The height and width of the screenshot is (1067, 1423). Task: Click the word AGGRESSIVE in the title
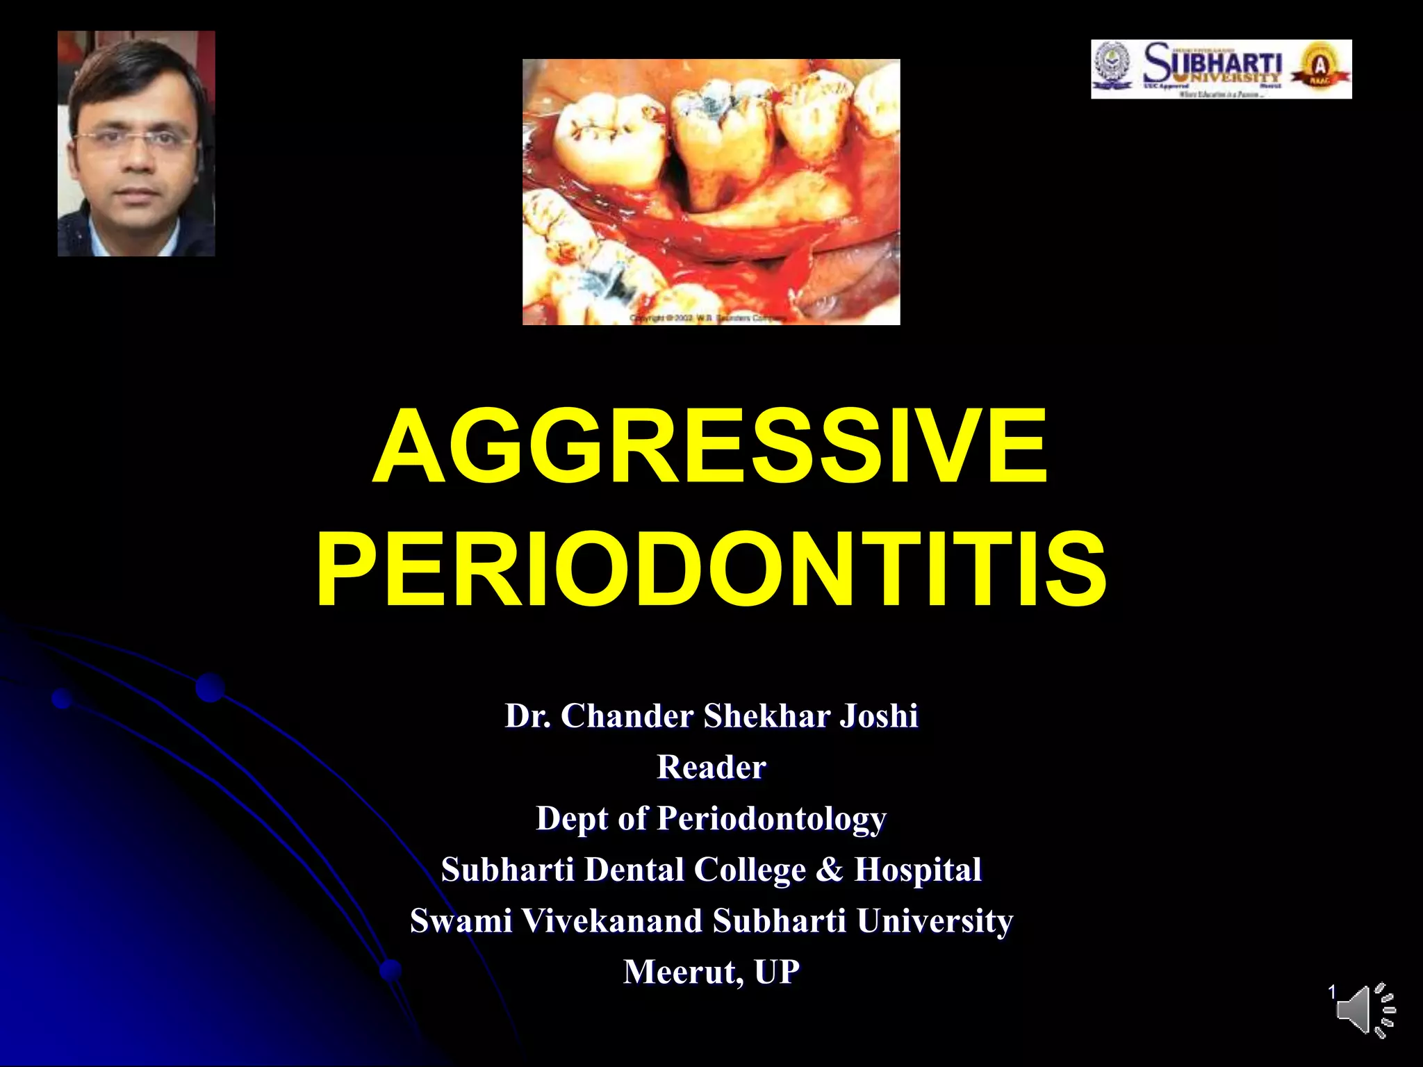[x=710, y=446]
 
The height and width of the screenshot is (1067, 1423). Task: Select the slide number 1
[x=1332, y=992]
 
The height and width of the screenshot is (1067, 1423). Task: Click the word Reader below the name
[x=711, y=767]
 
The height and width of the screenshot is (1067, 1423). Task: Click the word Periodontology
[x=771, y=818]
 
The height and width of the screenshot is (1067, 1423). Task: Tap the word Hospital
[x=917, y=869]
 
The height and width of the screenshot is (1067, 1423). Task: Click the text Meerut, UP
[x=711, y=971]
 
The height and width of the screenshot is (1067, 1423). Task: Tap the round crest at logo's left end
[x=1112, y=68]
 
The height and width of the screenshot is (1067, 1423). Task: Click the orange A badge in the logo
[x=1318, y=68]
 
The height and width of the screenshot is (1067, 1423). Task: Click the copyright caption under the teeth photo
[x=709, y=318]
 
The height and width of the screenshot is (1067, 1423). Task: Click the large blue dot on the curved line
[x=210, y=688]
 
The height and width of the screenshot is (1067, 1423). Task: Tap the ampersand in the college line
[x=828, y=869]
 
